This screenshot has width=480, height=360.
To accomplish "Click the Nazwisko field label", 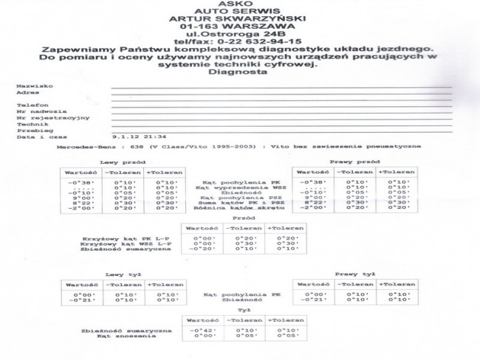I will [30, 86].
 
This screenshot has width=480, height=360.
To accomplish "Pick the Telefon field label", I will [29, 105].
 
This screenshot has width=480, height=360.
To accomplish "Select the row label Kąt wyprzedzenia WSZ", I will [241, 187].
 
